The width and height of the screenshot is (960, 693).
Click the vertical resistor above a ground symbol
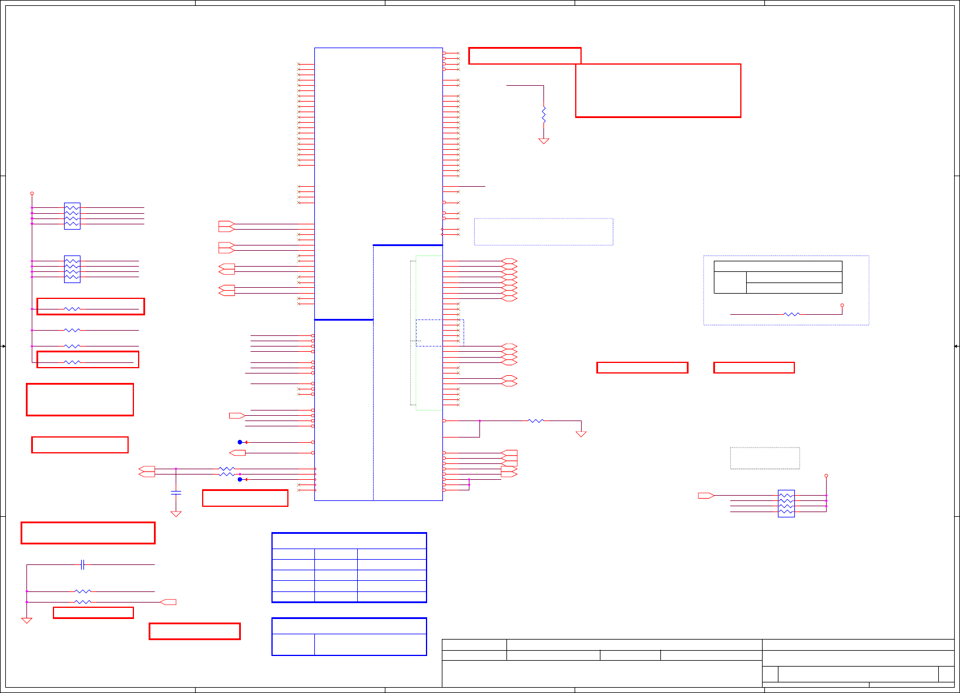(543, 114)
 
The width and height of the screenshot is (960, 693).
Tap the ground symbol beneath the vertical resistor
(543, 141)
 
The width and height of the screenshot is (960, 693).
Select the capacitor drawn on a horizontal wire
(83, 565)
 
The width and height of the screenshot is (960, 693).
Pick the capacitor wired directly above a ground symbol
(176, 492)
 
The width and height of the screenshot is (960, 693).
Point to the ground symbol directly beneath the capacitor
(176, 514)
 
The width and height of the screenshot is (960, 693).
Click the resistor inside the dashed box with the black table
(791, 314)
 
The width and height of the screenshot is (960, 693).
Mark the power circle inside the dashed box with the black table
(842, 305)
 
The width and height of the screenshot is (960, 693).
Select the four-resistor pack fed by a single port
(786, 503)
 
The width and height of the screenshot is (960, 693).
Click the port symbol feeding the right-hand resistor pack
(706, 496)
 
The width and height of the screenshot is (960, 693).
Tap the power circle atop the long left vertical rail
(32, 193)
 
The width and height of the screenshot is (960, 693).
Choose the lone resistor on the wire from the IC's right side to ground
(536, 420)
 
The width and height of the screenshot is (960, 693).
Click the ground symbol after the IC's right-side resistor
(581, 434)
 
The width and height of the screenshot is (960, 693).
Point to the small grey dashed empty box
(764, 458)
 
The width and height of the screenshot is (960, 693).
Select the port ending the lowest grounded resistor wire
(169, 602)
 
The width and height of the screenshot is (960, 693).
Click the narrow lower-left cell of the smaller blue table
(293, 644)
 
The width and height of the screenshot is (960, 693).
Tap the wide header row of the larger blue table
(349, 541)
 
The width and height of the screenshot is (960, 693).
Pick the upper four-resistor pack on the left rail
(72, 216)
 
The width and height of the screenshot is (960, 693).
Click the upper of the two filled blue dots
(240, 442)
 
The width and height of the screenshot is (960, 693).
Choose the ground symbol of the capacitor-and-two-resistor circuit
(26, 620)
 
